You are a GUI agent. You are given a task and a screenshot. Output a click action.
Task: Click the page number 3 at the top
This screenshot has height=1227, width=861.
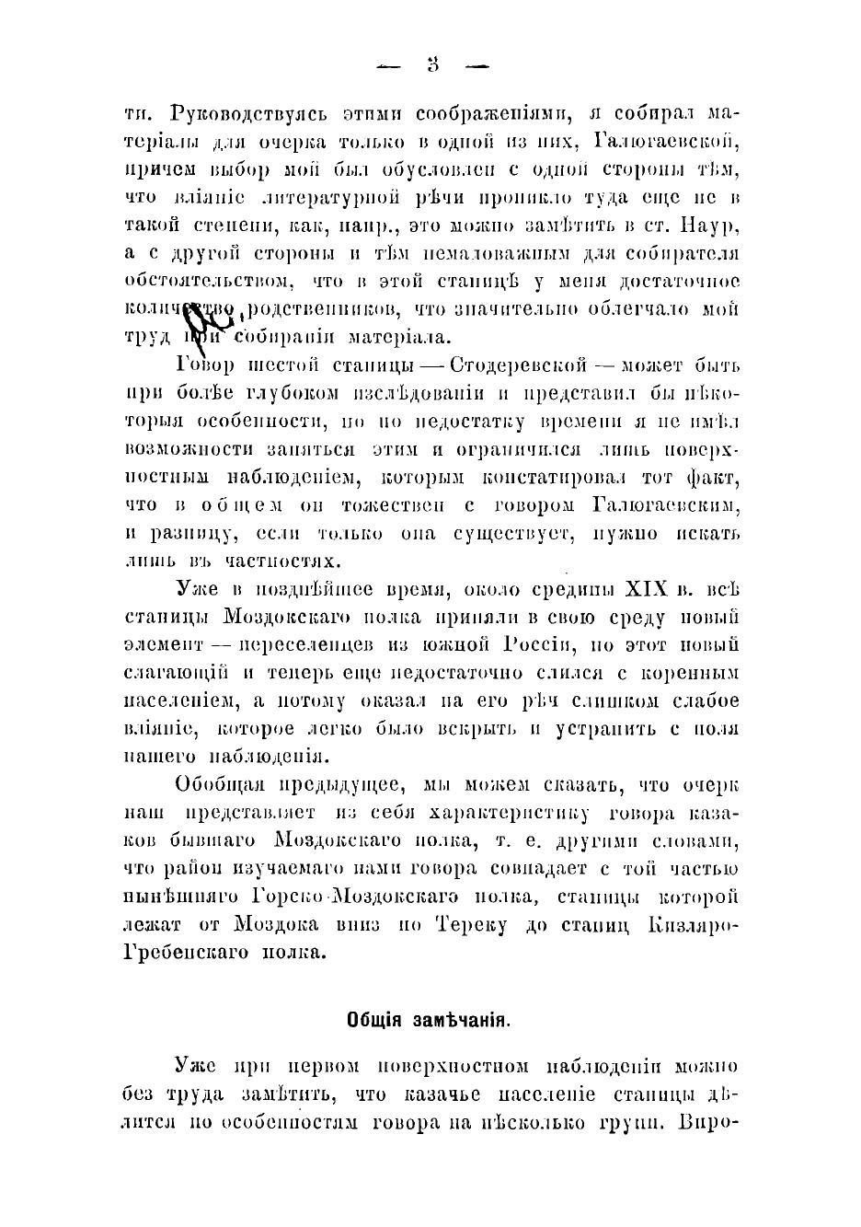pyautogui.click(x=431, y=65)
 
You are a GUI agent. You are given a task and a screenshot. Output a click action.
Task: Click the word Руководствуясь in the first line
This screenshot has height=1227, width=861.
pyautogui.click(x=237, y=115)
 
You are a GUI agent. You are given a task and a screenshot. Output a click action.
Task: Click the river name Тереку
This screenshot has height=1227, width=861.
pyautogui.click(x=473, y=924)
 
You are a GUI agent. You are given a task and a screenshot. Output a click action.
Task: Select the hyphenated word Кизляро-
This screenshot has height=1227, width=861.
pyautogui.click(x=695, y=924)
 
